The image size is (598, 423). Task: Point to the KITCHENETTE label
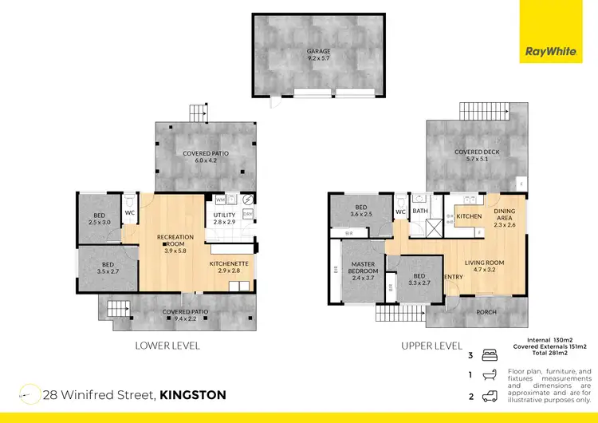230,263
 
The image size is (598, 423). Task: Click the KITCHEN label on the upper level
468,216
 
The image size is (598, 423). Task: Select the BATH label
421,211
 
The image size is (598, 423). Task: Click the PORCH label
486,312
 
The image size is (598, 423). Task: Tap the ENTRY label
453,277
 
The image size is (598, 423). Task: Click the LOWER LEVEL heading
168,346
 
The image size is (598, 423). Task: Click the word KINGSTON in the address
193,394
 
